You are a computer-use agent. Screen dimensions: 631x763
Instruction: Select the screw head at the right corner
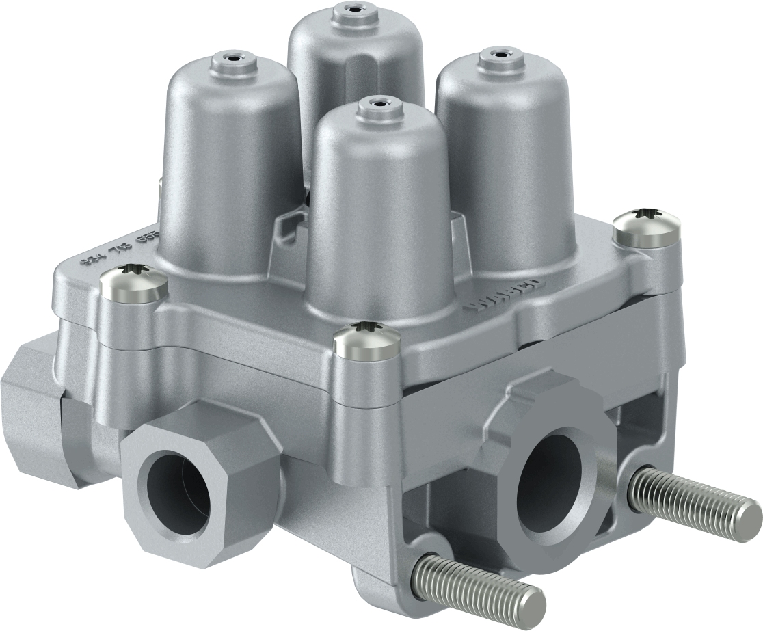tap(646, 228)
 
